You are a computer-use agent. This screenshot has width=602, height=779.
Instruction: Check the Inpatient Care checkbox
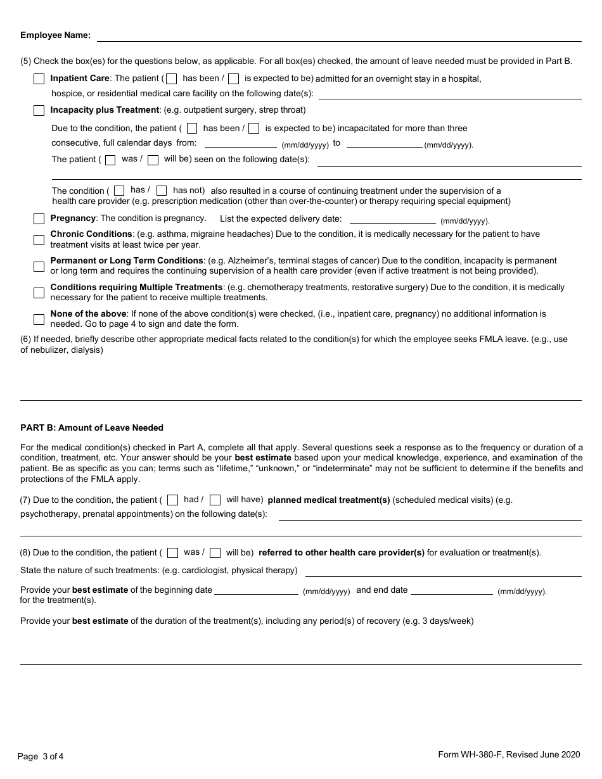(39, 79)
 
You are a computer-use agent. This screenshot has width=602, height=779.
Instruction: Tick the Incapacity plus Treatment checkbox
(39, 111)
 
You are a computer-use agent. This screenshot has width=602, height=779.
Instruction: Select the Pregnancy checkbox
(39, 218)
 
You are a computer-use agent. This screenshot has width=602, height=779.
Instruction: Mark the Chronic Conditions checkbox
(39, 239)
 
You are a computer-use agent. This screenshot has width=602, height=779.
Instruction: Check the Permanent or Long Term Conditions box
(39, 266)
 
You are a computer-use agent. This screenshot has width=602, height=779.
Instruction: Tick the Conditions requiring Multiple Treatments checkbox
(39, 293)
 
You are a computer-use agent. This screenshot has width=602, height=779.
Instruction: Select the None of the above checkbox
(39, 319)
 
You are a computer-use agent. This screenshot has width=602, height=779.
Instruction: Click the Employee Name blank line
(338, 37)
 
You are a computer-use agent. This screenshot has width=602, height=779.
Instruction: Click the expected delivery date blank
(393, 219)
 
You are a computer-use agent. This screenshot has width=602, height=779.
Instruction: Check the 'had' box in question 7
(173, 500)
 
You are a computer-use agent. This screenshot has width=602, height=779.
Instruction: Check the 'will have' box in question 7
(215, 500)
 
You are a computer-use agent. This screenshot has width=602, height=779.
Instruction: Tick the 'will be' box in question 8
(215, 553)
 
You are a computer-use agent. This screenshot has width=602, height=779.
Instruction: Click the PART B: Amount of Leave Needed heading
(92, 428)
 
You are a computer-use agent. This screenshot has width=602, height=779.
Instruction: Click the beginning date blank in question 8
(257, 590)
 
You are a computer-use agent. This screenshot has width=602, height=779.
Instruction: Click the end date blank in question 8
(452, 590)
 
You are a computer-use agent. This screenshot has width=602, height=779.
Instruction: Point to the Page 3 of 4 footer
(41, 756)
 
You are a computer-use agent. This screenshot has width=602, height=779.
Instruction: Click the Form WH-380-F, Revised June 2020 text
(509, 754)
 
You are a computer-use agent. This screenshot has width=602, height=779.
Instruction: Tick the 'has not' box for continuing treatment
(162, 191)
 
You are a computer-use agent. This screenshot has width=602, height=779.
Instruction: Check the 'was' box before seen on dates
(110, 160)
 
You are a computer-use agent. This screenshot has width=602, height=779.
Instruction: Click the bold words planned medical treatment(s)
(329, 500)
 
